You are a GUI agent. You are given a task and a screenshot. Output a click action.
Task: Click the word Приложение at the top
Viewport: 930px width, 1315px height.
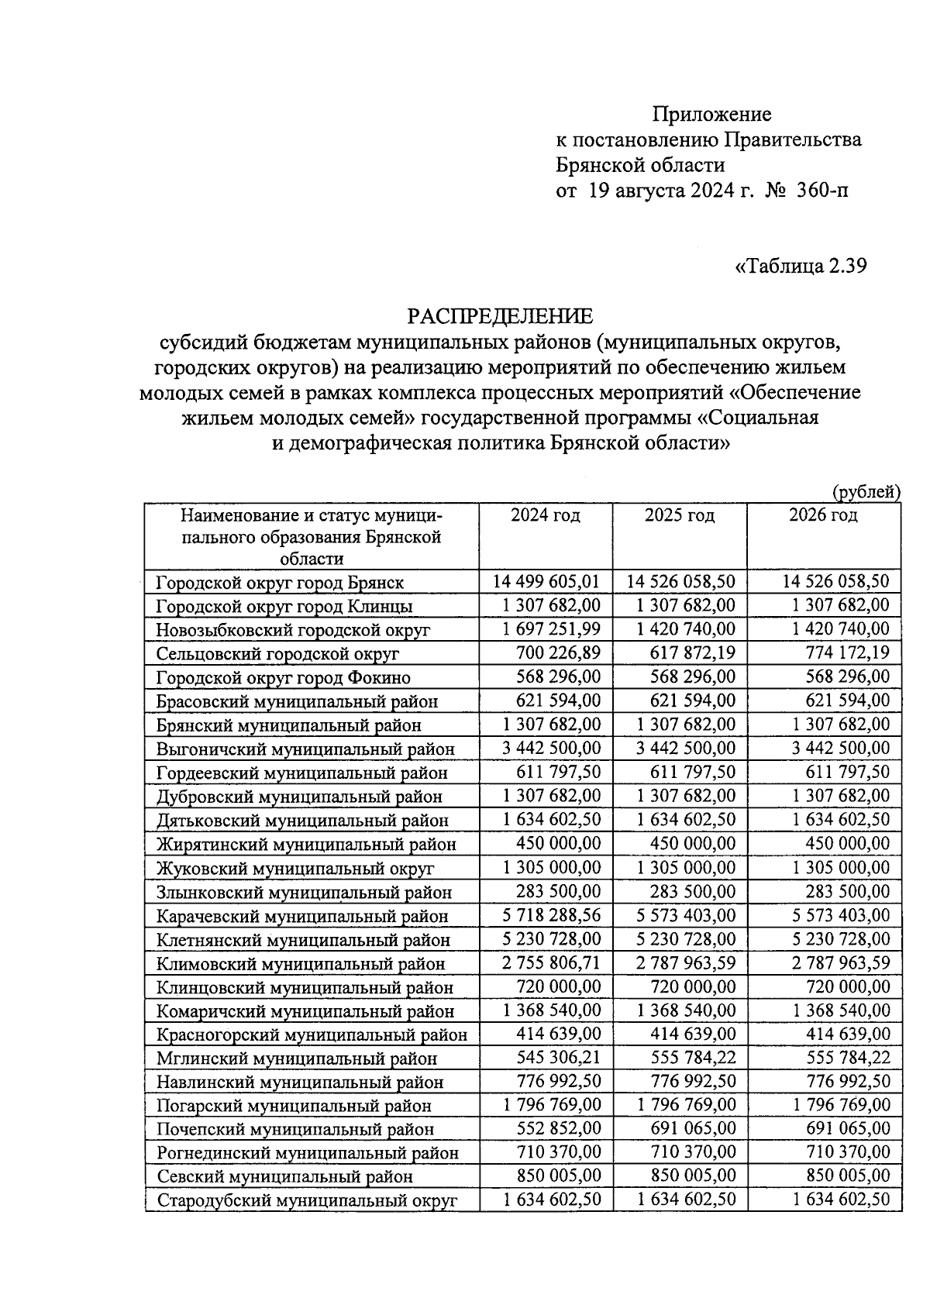point(711,115)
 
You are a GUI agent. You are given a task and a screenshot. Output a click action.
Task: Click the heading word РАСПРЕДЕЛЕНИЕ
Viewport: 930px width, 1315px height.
point(500,316)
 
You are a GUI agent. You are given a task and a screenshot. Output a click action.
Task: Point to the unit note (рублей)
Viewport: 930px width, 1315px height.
point(866,491)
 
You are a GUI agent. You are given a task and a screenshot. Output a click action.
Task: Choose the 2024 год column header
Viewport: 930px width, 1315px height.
point(545,516)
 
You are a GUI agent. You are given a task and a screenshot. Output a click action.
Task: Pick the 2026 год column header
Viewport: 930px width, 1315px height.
point(823,516)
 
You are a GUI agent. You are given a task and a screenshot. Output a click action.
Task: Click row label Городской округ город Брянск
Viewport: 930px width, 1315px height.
point(280,583)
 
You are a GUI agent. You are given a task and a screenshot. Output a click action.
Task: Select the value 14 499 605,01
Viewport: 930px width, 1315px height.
point(546,581)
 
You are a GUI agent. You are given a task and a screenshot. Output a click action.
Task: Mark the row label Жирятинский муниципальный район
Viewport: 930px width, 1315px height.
point(306,845)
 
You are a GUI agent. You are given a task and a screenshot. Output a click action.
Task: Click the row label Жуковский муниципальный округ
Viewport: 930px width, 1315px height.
point(294,869)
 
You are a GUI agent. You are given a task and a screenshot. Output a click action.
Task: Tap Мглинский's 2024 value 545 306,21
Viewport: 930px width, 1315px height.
point(558,1058)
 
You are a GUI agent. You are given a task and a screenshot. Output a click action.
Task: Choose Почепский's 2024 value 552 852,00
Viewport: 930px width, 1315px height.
point(558,1129)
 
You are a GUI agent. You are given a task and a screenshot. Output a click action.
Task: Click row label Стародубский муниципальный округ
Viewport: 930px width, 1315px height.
point(307,1201)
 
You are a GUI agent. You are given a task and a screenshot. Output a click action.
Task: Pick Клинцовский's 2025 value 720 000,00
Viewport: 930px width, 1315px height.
point(693,986)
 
